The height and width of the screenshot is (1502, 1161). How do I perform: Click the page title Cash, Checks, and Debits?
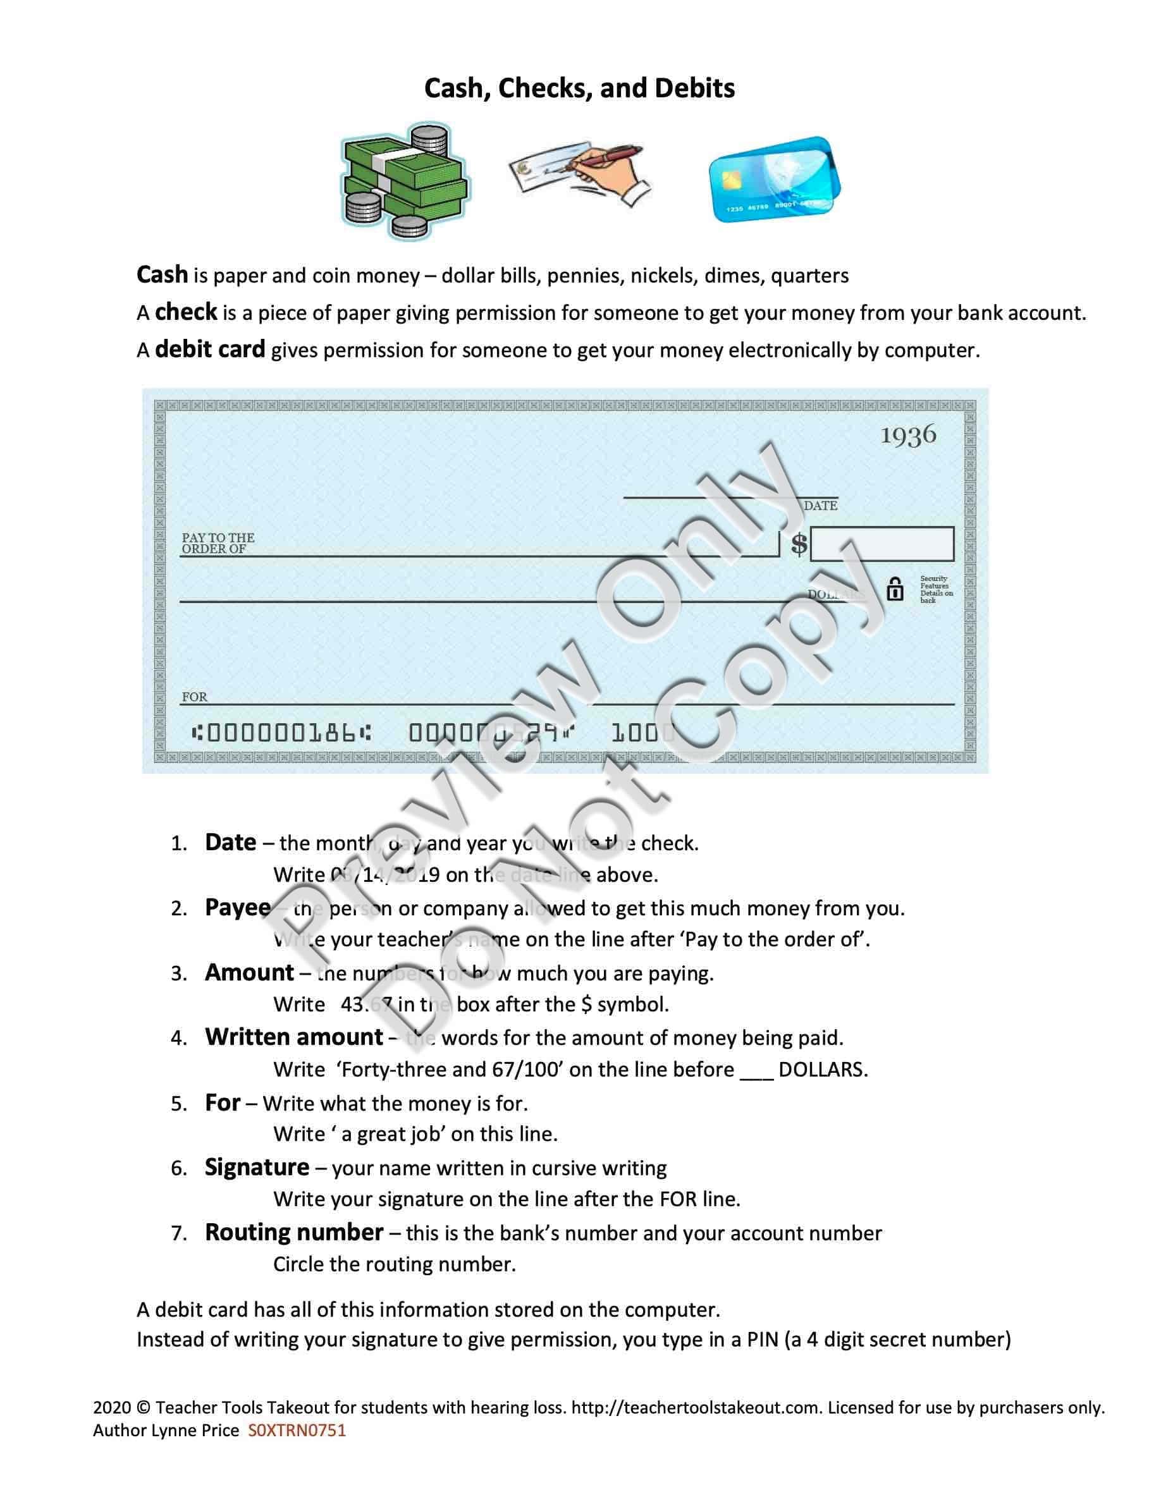[x=579, y=88]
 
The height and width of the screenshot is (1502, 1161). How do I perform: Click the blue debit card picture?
[x=775, y=180]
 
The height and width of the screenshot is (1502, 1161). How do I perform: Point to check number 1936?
[x=909, y=435]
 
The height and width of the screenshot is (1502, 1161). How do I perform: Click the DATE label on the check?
[x=821, y=506]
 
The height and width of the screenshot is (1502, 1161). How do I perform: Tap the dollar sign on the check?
[x=799, y=544]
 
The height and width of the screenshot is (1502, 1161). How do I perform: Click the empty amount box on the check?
[x=881, y=544]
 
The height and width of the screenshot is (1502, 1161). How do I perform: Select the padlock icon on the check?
[x=895, y=589]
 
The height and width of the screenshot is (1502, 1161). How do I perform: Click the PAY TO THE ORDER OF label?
[x=218, y=542]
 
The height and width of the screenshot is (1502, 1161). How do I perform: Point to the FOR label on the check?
[x=195, y=697]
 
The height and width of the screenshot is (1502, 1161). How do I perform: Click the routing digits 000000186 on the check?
[x=282, y=733]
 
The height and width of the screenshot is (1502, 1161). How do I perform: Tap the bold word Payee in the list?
[x=237, y=908]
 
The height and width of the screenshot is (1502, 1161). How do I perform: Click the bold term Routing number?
[x=293, y=1231]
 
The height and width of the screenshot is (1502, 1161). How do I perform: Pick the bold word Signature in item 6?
[x=257, y=1167]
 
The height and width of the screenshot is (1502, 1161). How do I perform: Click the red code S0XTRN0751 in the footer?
[x=297, y=1431]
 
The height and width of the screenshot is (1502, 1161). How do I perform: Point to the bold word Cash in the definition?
[x=163, y=274]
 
